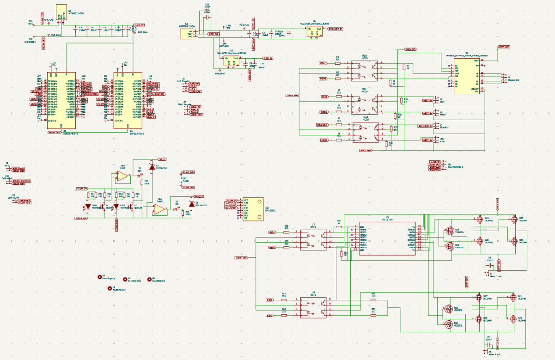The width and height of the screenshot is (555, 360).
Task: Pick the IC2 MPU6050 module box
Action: coord(253,209)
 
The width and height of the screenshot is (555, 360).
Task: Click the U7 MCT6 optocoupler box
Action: coord(313,239)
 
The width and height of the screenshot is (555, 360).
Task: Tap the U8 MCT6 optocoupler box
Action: coord(313,307)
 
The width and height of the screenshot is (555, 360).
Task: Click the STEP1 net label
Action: coord(323,63)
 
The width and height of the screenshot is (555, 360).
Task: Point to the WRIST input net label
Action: coord(324,140)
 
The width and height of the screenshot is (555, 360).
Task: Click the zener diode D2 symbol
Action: coord(152,166)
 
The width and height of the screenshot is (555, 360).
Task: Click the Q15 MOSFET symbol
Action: coord(449,231)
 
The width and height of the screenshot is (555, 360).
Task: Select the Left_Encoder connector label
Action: coord(184,80)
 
